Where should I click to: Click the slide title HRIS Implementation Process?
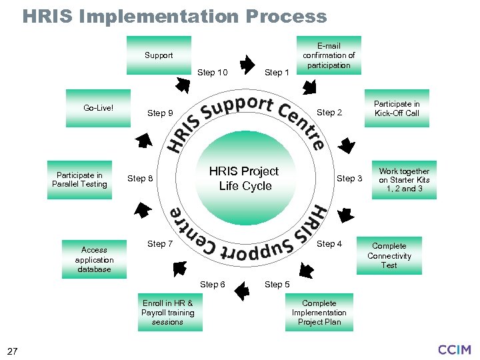(x=175, y=16)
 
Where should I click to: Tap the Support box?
(x=159, y=55)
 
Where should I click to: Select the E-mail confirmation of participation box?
(x=329, y=55)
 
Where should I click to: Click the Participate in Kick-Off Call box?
(x=397, y=108)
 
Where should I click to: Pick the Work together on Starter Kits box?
(x=404, y=180)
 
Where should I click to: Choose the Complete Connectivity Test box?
(x=389, y=255)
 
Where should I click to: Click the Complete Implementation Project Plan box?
(x=319, y=312)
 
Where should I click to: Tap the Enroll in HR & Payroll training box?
(x=167, y=312)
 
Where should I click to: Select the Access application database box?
(x=94, y=259)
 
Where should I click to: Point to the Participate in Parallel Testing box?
(x=79, y=180)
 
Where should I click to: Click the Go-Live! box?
(x=98, y=108)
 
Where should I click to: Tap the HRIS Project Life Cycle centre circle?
(x=244, y=179)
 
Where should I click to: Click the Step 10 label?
(x=213, y=73)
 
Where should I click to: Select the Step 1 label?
(x=277, y=73)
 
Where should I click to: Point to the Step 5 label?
(x=277, y=285)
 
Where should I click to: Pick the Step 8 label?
(x=140, y=179)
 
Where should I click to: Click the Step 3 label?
(x=349, y=179)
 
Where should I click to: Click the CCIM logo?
(x=455, y=349)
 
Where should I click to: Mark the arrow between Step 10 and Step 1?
(x=246, y=65)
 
